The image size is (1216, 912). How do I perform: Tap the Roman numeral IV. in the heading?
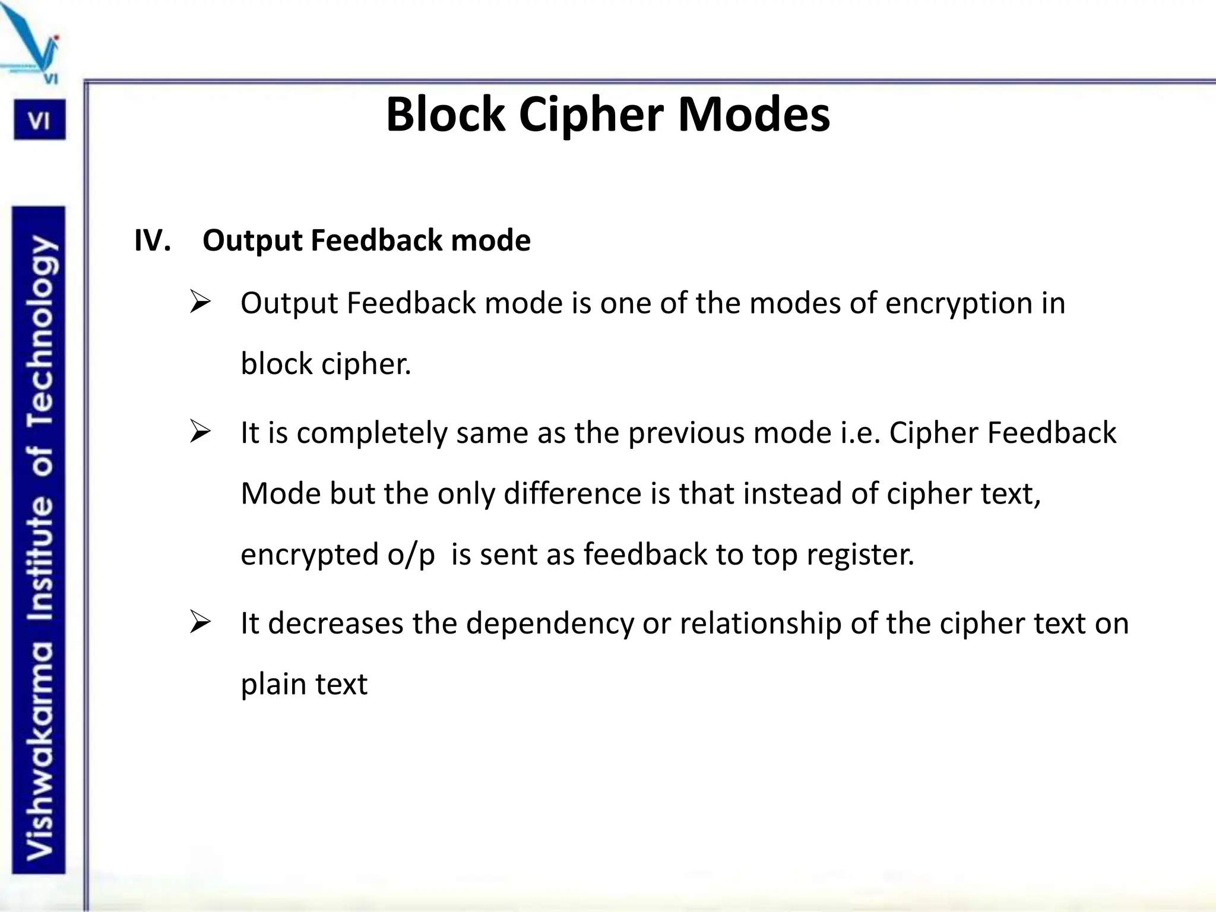(x=153, y=240)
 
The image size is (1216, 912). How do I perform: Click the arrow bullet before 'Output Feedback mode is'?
(x=200, y=302)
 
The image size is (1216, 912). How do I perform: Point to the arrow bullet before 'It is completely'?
(x=200, y=432)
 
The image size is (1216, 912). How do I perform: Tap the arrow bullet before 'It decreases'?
(x=200, y=623)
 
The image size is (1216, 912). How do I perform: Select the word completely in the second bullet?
(x=372, y=433)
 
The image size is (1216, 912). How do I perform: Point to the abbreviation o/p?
(x=411, y=555)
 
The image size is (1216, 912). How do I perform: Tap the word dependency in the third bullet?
(x=550, y=625)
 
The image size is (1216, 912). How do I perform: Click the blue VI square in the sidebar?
(x=39, y=121)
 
